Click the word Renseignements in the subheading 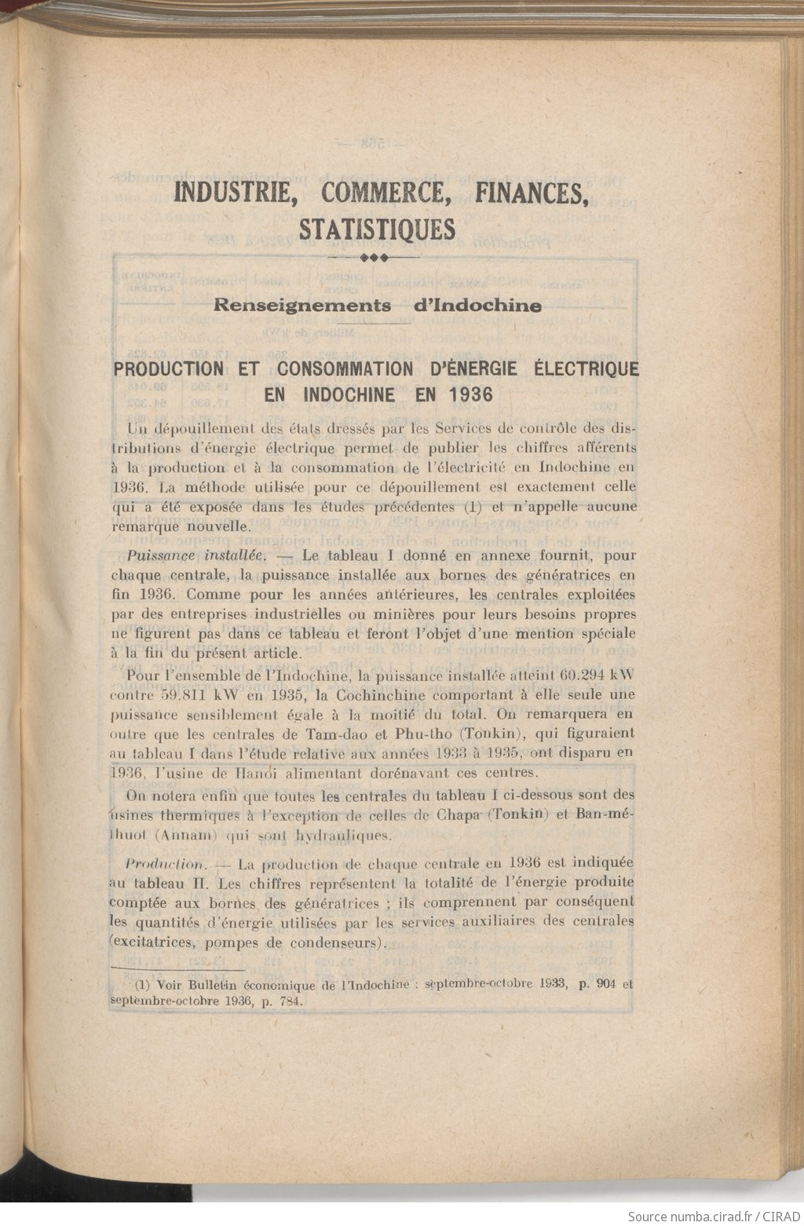coord(302,306)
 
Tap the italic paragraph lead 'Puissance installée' coord(192,555)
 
